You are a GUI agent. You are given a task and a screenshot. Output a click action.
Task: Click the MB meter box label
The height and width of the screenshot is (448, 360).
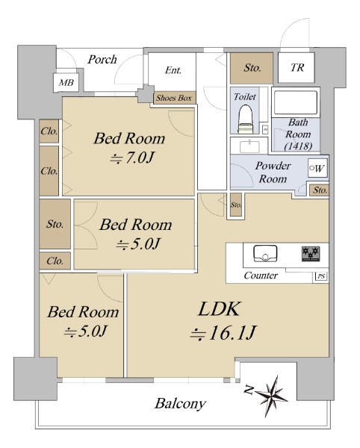pos(66,83)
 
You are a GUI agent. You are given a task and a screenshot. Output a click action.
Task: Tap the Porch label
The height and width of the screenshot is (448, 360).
pos(102,60)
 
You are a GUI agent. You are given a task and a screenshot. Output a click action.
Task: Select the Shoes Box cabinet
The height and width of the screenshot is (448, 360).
pos(174,98)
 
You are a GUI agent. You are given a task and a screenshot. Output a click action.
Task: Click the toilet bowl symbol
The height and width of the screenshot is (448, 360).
pos(246,119)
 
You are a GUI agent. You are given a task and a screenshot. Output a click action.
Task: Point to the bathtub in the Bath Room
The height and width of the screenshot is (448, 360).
pos(296,102)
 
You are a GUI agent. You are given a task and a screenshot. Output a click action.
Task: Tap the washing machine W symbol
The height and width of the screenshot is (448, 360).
pos(317,168)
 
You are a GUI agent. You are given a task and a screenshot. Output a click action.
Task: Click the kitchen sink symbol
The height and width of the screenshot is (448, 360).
pos(265,253)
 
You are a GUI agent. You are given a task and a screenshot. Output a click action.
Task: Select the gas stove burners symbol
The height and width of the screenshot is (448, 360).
pos(311,254)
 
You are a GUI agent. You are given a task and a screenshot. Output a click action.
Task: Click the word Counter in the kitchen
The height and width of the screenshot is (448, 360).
pos(261,276)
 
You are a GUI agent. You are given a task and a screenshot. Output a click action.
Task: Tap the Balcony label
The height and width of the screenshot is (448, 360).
pos(180,404)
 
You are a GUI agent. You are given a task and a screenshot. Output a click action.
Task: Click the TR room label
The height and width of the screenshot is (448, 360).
pos(297,68)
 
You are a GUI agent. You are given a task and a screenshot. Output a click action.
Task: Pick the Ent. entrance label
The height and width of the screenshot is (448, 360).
pos(173,70)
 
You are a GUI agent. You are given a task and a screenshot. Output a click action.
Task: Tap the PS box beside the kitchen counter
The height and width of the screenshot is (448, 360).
pos(321,276)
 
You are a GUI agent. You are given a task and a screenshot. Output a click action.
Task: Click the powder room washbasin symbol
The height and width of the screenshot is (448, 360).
pos(249,147)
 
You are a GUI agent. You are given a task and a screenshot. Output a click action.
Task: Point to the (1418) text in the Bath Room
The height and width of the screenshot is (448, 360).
pos(298,146)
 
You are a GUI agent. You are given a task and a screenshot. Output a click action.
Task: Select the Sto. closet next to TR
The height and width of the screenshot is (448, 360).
pos(252,68)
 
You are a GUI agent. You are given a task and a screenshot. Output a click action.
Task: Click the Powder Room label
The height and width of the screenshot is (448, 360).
pos(273,172)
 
